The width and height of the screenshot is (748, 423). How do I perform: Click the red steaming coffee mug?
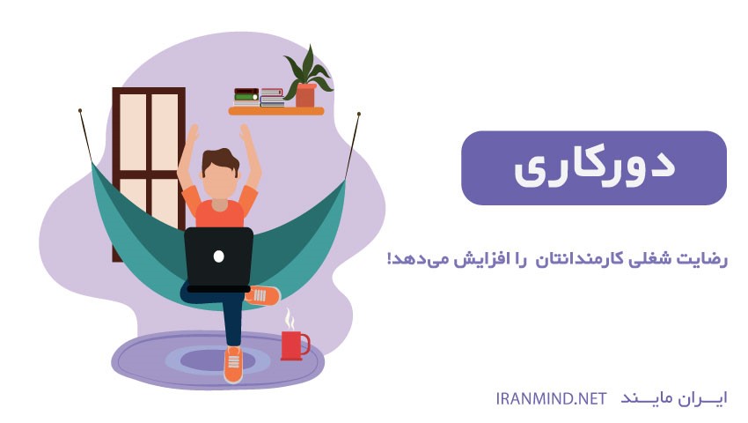[x=293, y=345]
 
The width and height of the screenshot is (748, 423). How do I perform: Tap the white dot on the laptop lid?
[x=218, y=256]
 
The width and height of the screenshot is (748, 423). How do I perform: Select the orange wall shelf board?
[x=276, y=111]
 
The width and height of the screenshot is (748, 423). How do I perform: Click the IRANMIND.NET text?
[x=551, y=398]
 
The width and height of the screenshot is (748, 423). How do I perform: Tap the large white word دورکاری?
[x=594, y=168]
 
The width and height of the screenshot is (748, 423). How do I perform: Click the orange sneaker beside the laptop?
[x=263, y=295]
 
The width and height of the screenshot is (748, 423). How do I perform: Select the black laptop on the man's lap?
[x=218, y=260]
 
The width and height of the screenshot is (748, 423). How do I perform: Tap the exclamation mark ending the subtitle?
[x=390, y=258]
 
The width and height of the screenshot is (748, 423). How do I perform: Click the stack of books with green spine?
[x=246, y=97]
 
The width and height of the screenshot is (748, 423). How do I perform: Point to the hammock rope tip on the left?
[x=80, y=110]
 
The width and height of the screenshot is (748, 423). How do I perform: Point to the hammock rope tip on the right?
[x=359, y=115]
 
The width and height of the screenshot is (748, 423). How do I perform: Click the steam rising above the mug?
[x=290, y=319]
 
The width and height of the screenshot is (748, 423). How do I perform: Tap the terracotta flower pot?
[x=305, y=95]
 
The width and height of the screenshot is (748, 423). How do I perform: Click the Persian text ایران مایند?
[x=673, y=398]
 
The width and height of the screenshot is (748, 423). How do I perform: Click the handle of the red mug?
[x=306, y=345]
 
